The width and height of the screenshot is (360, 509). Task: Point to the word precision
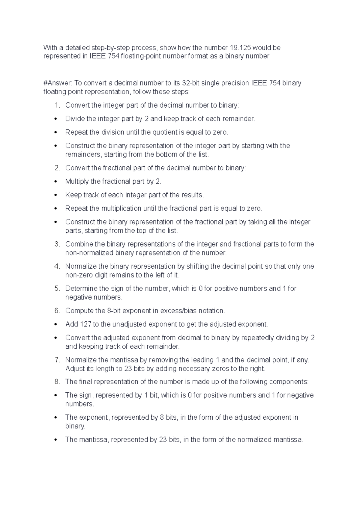(235, 83)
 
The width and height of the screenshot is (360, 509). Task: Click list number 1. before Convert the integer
(57, 105)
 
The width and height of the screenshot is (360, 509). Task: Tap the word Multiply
(77, 181)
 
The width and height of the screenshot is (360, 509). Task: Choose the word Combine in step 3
(78, 244)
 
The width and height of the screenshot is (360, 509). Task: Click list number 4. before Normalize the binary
(57, 266)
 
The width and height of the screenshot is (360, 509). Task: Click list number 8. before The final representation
(57, 382)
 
